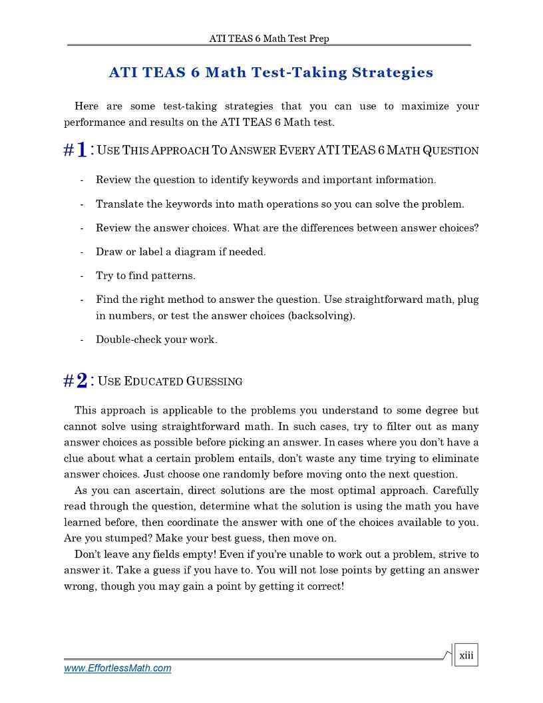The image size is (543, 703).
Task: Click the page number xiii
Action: [466, 656]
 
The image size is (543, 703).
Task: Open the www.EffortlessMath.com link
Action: [117, 668]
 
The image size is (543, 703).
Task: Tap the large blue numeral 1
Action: [81, 150]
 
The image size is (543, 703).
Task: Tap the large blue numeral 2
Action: [81, 381]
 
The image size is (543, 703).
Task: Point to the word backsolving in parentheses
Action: [322, 316]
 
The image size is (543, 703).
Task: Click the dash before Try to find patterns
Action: [81, 276]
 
